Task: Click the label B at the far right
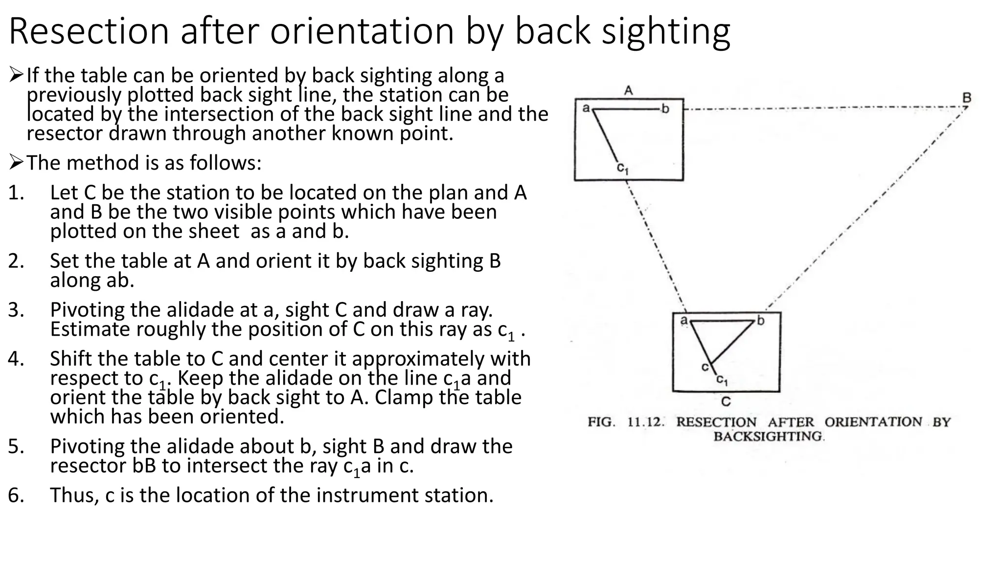pyautogui.click(x=967, y=97)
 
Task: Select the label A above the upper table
pyautogui.click(x=629, y=90)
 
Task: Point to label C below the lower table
pyautogui.click(x=726, y=402)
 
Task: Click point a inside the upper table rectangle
pyautogui.click(x=586, y=107)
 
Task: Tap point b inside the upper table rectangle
pyautogui.click(x=665, y=108)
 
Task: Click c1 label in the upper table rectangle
pyautogui.click(x=622, y=169)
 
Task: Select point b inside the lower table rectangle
pyautogui.click(x=760, y=321)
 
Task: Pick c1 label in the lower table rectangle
pyautogui.click(x=722, y=380)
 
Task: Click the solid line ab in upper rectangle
pyautogui.click(x=626, y=109)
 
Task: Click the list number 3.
pyautogui.click(x=16, y=310)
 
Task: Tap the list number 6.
pyautogui.click(x=16, y=496)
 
